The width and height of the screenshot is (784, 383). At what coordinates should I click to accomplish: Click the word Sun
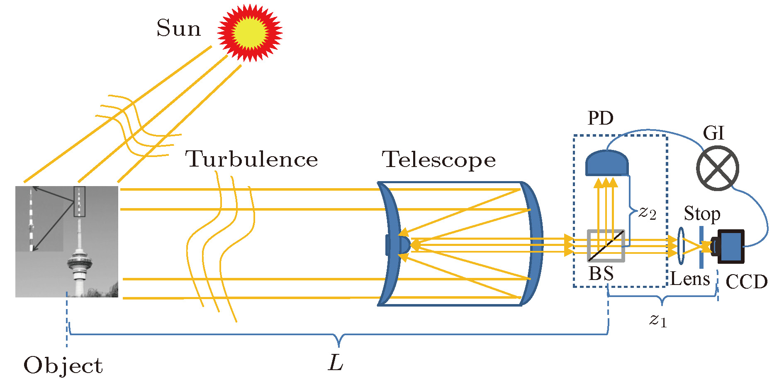coord(178,28)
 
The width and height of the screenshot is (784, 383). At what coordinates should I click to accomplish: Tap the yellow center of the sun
coord(250,32)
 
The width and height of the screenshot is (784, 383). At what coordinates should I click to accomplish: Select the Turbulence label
coord(251,160)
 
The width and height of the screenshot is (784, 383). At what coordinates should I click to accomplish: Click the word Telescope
coord(438,160)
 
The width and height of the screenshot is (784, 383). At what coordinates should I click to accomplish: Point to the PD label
coord(600,118)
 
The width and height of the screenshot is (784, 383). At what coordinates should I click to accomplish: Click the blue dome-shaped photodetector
coord(606,163)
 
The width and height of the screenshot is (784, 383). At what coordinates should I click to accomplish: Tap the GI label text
coord(713,133)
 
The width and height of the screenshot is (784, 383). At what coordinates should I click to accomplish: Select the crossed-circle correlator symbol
coord(717,168)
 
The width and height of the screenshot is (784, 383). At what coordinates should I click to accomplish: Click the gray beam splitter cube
coord(606,246)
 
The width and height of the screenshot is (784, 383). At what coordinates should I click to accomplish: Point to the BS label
coord(601,274)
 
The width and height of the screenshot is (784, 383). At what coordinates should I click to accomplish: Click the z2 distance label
coord(647,213)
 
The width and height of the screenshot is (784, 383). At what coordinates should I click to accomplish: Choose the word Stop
coord(702,214)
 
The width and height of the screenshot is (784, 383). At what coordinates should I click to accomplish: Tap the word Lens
coord(690,279)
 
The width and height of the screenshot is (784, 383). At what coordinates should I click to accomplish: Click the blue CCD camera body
coord(731,246)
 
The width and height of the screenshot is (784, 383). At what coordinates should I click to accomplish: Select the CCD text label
coord(746,282)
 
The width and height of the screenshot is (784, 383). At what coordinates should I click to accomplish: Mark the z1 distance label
coord(658,320)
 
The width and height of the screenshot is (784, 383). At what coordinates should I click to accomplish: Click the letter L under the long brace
coord(336,363)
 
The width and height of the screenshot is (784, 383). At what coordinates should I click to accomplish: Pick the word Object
coord(63,366)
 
